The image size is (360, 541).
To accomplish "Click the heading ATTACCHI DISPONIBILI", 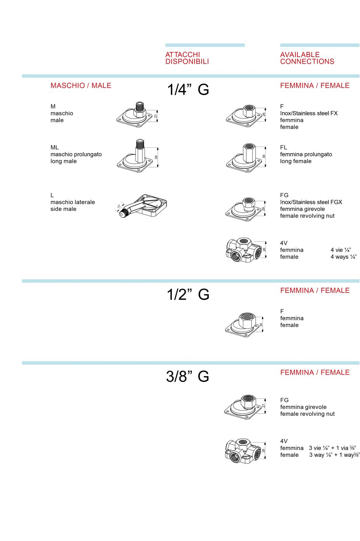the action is point(187,58).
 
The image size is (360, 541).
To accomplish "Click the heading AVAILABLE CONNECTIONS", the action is point(307,58).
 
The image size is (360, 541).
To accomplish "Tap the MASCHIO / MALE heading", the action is point(81,86).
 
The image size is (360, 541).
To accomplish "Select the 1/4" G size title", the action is point(188,90).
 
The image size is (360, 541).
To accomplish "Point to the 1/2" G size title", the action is point(188,295).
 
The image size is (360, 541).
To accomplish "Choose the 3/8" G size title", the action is point(187,376).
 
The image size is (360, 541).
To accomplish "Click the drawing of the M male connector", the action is point(135,115).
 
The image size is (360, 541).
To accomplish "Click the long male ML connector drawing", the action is point(135,156).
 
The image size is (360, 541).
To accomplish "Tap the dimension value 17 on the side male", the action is point(119,207).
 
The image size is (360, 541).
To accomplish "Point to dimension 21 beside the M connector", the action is point(156,116).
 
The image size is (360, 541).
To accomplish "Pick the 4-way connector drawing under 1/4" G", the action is point(244,250).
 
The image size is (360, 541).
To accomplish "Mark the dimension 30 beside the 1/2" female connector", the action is point(261,325).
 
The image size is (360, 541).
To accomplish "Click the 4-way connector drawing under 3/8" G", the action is point(243,451).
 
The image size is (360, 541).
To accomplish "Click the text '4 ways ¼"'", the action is point(343,257).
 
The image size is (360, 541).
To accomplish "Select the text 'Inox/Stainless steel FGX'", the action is point(311,202).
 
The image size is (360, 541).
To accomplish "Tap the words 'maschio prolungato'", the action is point(76,154).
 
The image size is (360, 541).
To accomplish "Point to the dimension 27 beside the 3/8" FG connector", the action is point(263,406).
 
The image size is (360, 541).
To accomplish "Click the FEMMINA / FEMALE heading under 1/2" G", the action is point(315,290).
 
